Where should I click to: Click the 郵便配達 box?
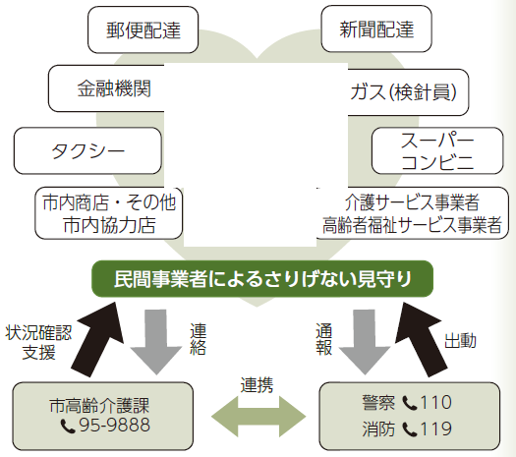143,29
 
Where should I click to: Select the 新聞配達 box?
376,29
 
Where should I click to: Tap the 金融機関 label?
114,88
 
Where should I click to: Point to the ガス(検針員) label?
403,91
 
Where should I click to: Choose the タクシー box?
87,150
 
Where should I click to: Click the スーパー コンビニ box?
437,150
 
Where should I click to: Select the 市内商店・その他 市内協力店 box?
108,213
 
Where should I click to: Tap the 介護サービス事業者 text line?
412,202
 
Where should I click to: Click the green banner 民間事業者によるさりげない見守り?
262,279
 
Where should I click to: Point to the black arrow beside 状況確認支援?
96,339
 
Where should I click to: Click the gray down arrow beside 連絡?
156,342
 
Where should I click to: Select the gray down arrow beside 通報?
365,342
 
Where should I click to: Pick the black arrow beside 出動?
422,339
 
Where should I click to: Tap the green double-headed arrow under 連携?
258,417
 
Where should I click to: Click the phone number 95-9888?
115,425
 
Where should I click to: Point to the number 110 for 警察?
436,402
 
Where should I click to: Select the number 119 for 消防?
436,428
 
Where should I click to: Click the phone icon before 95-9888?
68,427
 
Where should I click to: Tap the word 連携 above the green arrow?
257,385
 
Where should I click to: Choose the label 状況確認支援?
39,342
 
